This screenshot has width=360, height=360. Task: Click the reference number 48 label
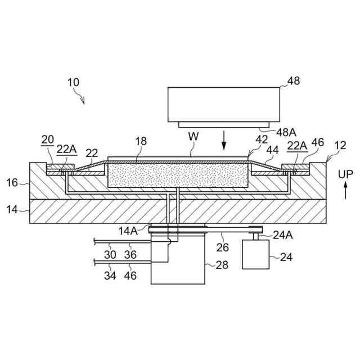tap(293, 81)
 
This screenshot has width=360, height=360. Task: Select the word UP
tap(346, 175)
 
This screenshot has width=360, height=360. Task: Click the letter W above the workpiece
tap(193, 136)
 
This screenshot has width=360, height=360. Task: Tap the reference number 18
tap(141, 141)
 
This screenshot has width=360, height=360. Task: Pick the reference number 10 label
tap(73, 82)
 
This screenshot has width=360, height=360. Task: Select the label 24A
tap(282, 236)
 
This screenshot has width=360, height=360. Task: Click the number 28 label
tap(222, 264)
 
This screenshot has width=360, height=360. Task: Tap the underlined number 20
tap(47, 139)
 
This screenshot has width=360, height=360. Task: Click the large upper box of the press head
tap(224, 103)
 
